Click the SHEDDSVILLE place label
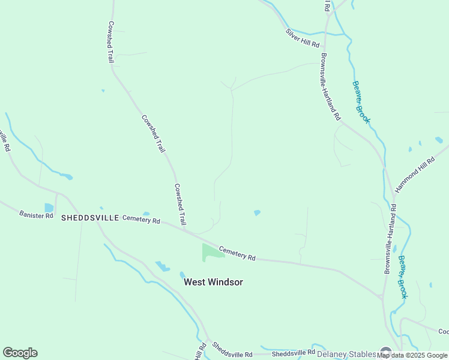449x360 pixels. (90, 218)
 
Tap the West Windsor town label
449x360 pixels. (213, 282)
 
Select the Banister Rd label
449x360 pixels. (36, 214)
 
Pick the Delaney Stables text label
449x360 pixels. (347, 353)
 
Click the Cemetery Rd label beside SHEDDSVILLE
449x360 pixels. (141, 220)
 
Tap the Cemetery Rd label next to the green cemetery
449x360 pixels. (237, 253)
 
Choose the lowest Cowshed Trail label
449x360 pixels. (180, 205)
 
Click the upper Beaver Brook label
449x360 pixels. (361, 102)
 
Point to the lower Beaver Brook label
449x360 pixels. (402, 277)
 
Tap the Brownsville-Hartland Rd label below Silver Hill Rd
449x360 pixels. (331, 86)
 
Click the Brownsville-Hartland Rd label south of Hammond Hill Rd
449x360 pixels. (390, 239)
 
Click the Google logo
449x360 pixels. (20, 353)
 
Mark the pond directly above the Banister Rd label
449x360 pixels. (49, 208)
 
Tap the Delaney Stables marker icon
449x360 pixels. (385, 353)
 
